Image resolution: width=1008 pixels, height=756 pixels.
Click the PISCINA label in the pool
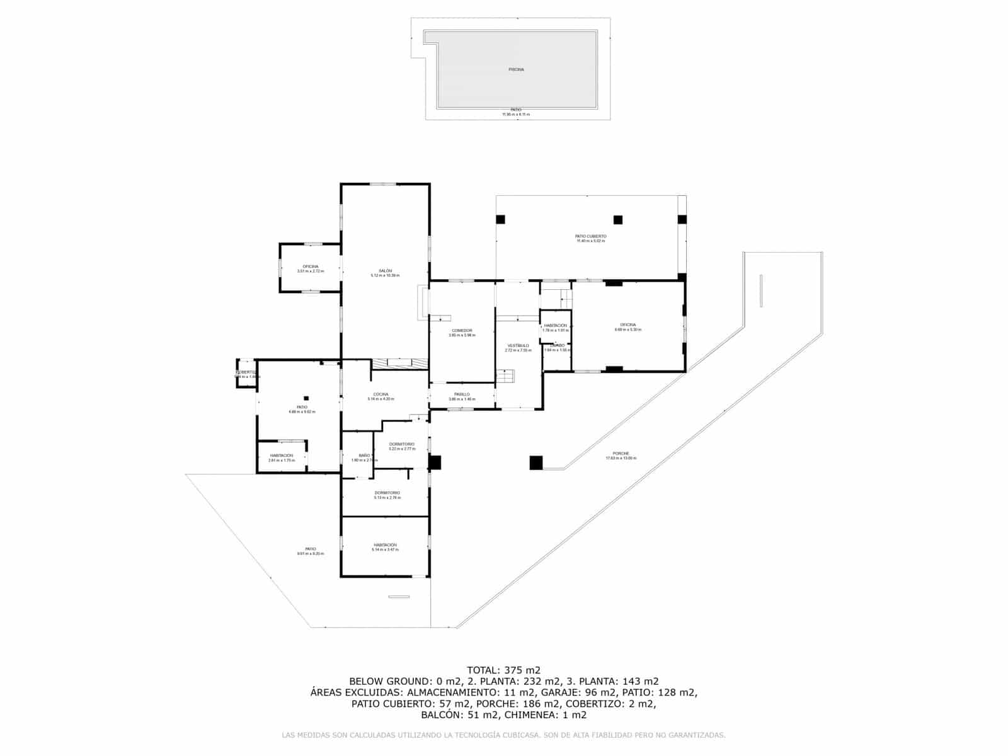(x=516, y=69)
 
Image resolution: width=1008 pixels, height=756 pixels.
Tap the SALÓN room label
(x=385, y=271)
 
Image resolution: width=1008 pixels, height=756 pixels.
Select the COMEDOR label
(x=462, y=331)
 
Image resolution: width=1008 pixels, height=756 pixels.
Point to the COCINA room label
(x=381, y=395)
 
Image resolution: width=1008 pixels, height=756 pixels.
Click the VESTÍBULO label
(x=518, y=346)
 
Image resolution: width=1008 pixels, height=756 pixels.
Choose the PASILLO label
(x=462, y=395)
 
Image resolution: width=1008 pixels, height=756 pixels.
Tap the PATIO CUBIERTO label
(x=590, y=236)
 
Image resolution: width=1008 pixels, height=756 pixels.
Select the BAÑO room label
(x=364, y=455)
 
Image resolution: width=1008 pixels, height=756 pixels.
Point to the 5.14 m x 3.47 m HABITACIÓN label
(x=385, y=545)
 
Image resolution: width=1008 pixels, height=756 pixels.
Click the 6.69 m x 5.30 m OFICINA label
(x=627, y=325)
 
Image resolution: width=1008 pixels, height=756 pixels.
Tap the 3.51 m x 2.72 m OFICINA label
(x=310, y=266)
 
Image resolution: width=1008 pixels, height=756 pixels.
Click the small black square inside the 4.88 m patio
(x=306, y=398)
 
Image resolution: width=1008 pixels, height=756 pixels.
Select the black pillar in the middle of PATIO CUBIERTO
(x=618, y=220)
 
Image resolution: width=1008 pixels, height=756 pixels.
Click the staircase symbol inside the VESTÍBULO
(x=506, y=377)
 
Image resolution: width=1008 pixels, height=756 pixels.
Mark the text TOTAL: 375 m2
(x=503, y=670)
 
